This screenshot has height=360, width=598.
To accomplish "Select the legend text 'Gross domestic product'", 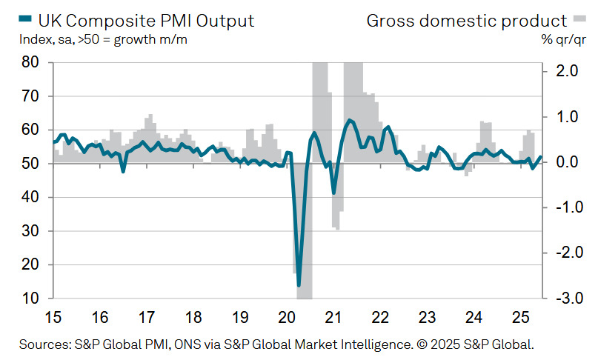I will pyautogui.click(x=467, y=20).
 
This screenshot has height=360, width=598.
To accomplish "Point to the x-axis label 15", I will pyautogui.click(x=53, y=319).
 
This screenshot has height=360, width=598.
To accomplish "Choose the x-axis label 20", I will pyautogui.click(x=286, y=319).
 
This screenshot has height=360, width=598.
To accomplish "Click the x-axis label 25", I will pyautogui.click(x=519, y=319).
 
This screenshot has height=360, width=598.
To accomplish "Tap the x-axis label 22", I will pyautogui.click(x=379, y=319).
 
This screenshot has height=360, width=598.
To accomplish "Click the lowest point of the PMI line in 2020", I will pyautogui.click(x=299, y=285).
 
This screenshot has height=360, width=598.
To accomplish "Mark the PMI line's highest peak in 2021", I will pyautogui.click(x=349, y=119).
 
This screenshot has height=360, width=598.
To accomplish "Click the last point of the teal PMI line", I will pyautogui.click(x=540, y=157).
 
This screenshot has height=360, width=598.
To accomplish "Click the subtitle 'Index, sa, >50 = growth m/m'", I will pyautogui.click(x=103, y=39).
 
